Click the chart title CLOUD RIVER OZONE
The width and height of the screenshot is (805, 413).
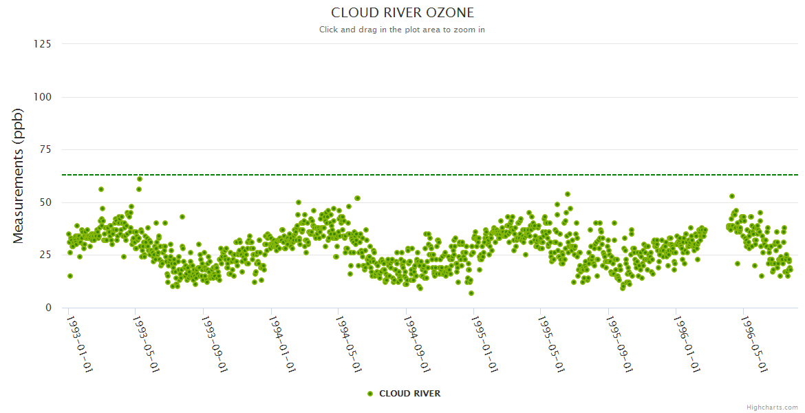tap(402, 13)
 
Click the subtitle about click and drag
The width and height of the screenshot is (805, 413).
tap(402, 30)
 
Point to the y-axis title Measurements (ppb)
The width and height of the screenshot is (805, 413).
tap(19, 176)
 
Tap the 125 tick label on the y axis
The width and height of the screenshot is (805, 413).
tap(43, 44)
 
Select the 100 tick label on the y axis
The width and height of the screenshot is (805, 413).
tap(43, 97)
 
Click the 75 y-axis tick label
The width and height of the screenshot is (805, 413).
tap(45, 150)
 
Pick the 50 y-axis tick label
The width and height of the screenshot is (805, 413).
tap(45, 202)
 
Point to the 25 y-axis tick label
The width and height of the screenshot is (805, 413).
tap(45, 255)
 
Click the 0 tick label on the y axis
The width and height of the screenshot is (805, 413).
tap(48, 308)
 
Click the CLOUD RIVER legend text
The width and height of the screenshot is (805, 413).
tap(409, 394)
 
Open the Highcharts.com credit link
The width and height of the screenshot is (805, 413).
tap(772, 407)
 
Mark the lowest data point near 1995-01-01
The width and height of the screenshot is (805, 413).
tap(471, 293)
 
